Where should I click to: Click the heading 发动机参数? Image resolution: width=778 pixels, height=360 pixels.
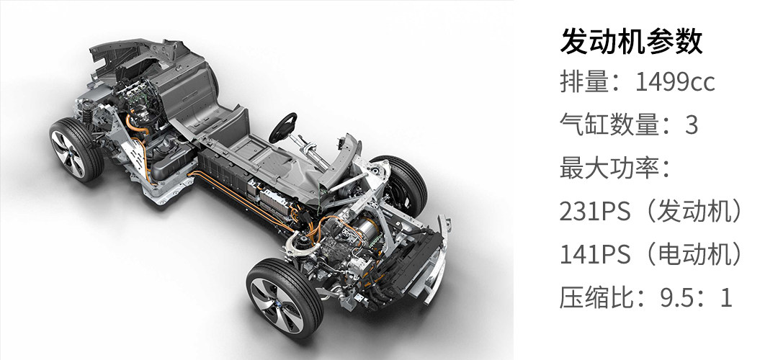pyautogui.click(x=631, y=42)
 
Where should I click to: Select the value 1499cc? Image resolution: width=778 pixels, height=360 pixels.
pyautogui.click(x=675, y=81)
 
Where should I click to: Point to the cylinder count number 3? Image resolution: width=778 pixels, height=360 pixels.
pyautogui.click(x=691, y=125)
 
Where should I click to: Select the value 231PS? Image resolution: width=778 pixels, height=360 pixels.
pyautogui.click(x=595, y=212)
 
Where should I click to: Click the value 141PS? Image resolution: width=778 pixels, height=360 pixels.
pyautogui.click(x=595, y=255)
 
